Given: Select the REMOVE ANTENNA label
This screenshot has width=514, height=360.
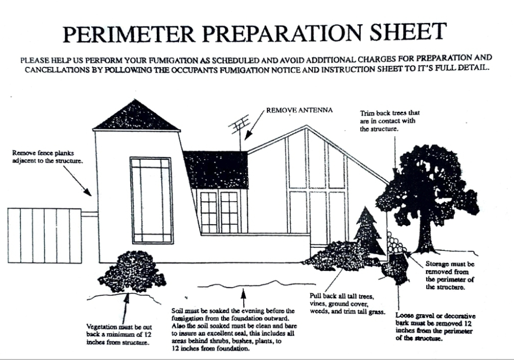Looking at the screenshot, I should [x=300, y=110].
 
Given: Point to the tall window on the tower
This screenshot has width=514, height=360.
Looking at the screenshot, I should [x=152, y=200].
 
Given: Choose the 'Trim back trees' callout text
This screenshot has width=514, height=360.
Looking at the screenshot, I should [x=390, y=121].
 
